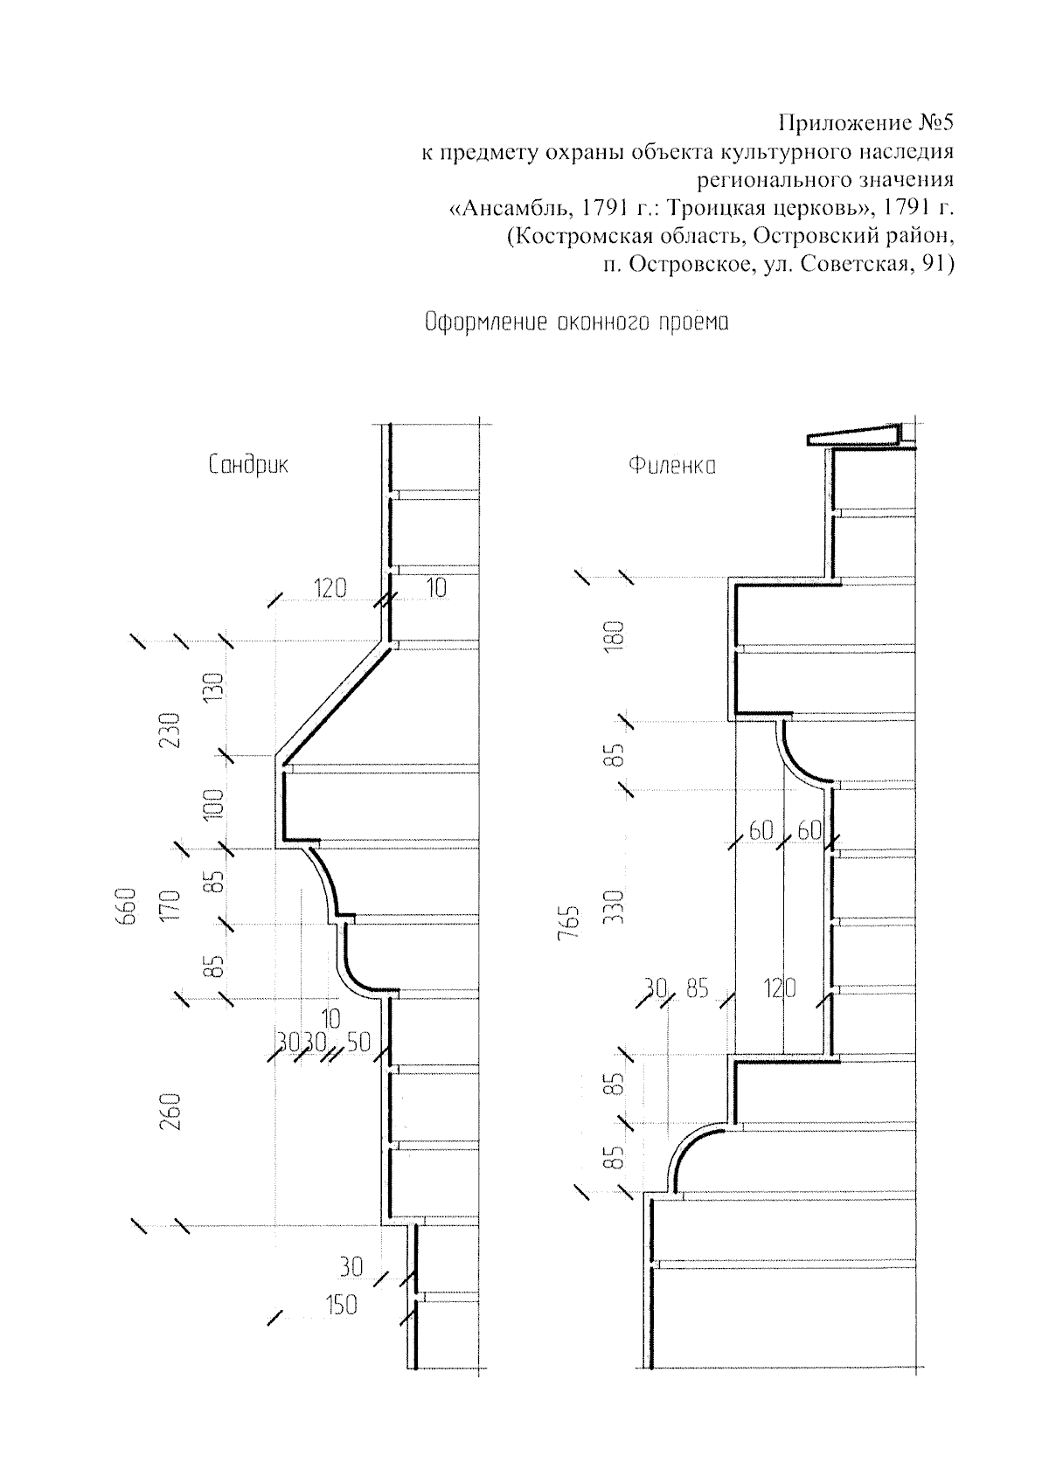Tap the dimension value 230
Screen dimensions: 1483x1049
[171, 731]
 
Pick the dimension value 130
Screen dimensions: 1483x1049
[218, 688]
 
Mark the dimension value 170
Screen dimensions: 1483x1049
[171, 907]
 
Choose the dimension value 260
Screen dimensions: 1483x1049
[171, 1112]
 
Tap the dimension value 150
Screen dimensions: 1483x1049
[341, 1305]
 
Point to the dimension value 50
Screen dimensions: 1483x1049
[358, 1042]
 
